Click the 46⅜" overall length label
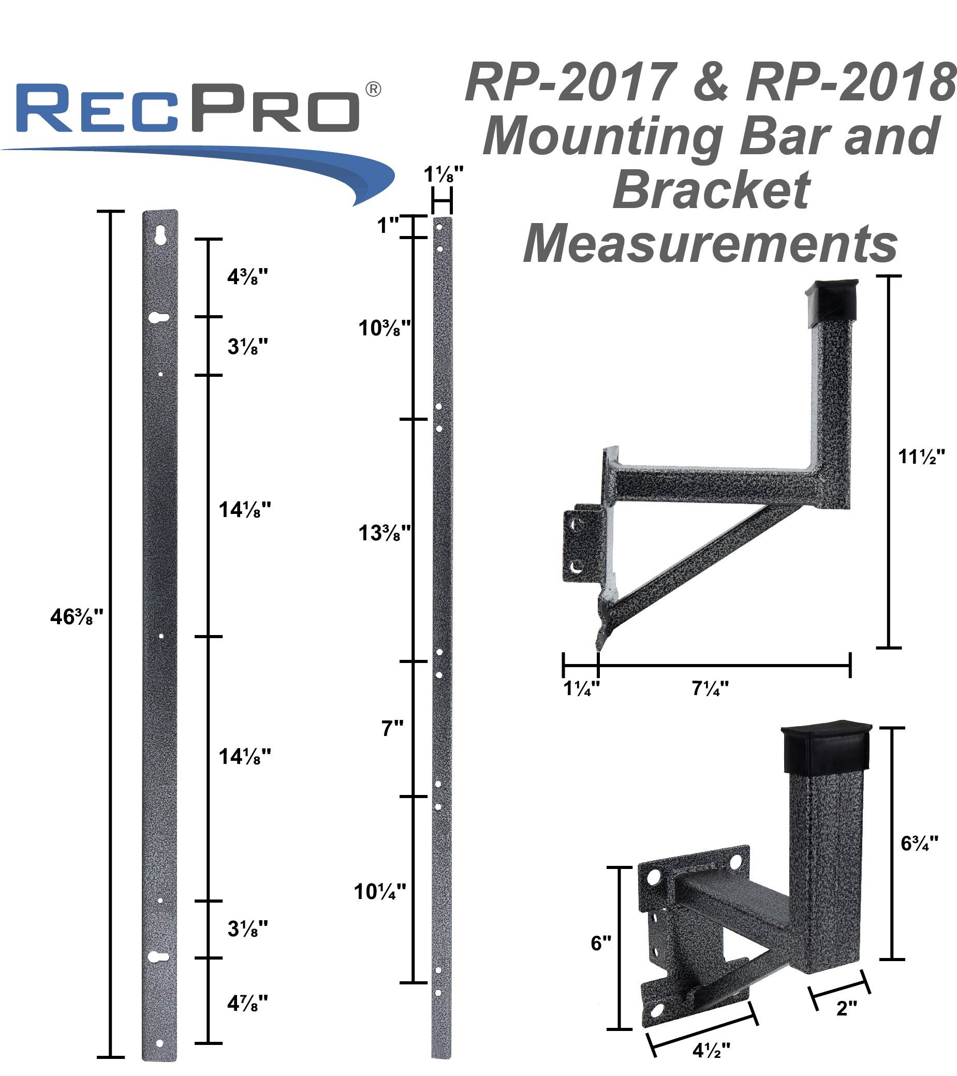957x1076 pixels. tap(77, 616)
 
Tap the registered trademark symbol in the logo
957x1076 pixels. tap(373, 89)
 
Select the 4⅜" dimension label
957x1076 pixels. tap(247, 276)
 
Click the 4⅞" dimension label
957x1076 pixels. tap(247, 1004)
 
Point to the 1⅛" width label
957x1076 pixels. tap(443, 174)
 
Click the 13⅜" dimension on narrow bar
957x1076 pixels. tap(384, 533)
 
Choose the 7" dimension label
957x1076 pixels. tap(392, 729)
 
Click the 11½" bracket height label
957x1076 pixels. tap(921, 456)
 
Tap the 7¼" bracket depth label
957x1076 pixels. tap(710, 688)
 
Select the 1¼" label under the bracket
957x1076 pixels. tap(581, 688)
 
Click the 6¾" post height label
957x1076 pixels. tap(920, 843)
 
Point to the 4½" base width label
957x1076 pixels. tap(711, 1051)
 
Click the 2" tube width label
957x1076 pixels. tap(846, 1008)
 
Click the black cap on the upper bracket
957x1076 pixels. tap(833, 301)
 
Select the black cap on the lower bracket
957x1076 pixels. tap(826, 747)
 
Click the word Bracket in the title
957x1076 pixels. tap(711, 190)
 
